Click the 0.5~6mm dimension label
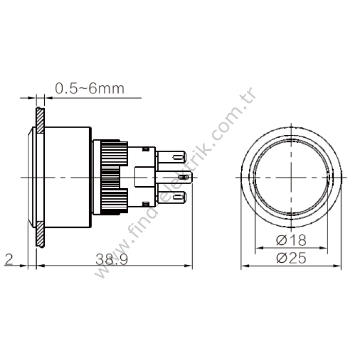(x=89, y=88)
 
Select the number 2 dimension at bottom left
(x=8, y=259)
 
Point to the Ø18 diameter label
(x=291, y=239)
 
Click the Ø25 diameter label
(x=291, y=258)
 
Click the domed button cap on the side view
(x=30, y=177)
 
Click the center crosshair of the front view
(x=291, y=177)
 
